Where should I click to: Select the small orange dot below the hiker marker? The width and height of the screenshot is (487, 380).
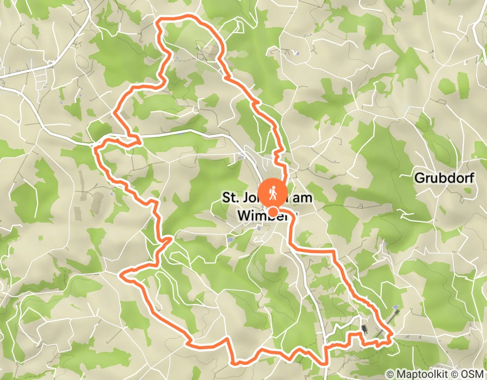point(274,212)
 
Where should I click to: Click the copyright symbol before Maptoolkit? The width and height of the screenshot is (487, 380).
point(390,374)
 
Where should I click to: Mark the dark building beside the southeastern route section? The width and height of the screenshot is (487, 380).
point(364,329)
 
